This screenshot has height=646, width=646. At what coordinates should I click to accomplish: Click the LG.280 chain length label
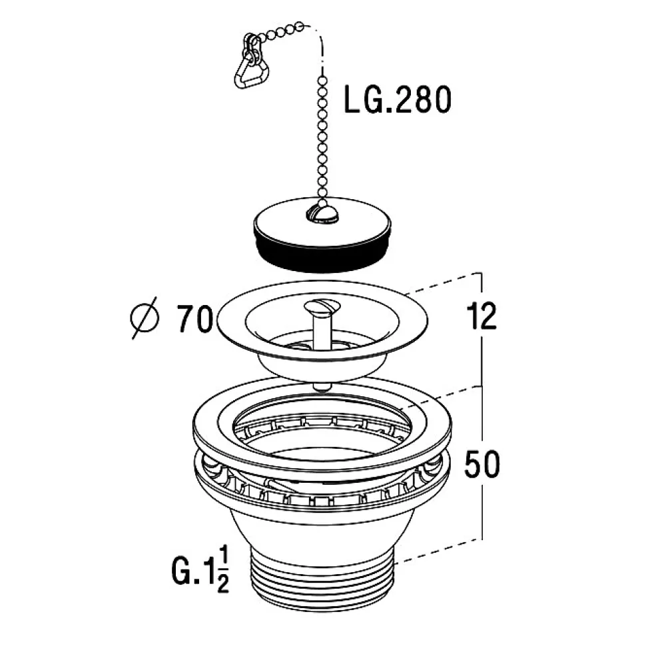pyautogui.click(x=398, y=99)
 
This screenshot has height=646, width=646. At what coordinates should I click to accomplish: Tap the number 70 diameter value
pyautogui.click(x=195, y=318)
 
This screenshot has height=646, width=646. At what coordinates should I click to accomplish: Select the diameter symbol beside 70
pyautogui.click(x=145, y=318)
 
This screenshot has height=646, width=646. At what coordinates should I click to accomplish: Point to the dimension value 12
pyautogui.click(x=482, y=316)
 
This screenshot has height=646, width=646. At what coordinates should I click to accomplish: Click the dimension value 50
pyautogui.click(x=482, y=464)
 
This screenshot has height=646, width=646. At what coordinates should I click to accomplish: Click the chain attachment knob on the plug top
pyautogui.click(x=322, y=212)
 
